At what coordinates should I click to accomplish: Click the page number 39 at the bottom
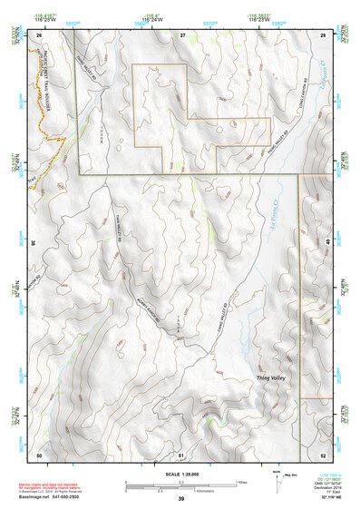[x=180, y=499]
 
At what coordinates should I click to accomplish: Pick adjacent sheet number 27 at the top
[x=181, y=34]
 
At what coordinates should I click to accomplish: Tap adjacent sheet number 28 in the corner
[x=324, y=34]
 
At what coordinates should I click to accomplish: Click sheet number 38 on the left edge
[x=34, y=242]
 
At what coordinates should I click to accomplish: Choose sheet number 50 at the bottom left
[x=39, y=453]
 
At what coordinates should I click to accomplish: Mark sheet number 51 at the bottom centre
[x=181, y=453]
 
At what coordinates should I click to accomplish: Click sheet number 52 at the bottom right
[x=324, y=453]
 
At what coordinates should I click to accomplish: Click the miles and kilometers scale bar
[x=181, y=484]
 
